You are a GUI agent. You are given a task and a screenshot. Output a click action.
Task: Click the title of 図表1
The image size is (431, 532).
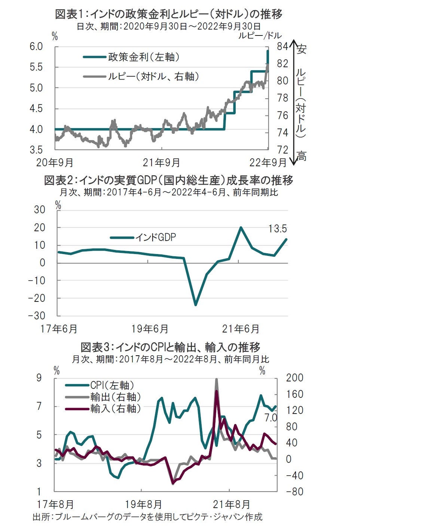168,14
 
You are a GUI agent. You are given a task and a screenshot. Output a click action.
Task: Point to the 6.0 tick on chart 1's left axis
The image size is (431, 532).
36,46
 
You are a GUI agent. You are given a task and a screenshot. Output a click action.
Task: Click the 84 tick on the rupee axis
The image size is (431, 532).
283,46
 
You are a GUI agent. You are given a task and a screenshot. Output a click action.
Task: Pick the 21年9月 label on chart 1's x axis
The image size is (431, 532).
162,163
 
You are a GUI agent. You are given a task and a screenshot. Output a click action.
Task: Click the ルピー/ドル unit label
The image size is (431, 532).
260,35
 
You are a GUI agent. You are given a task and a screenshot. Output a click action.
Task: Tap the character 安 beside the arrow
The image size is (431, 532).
302,49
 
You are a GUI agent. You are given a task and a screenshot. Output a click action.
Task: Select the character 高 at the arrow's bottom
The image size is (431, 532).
302,156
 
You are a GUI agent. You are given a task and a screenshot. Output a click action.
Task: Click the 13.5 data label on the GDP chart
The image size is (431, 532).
278,229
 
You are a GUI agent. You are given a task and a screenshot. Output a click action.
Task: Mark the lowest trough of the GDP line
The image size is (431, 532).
195,305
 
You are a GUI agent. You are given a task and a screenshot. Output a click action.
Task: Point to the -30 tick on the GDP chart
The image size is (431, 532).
37,316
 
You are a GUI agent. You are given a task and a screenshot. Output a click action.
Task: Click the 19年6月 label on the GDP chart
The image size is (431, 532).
150,329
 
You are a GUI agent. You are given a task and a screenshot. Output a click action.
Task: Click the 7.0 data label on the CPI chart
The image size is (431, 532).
271,418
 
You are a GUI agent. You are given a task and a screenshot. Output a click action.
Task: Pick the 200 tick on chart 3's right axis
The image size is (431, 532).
294,378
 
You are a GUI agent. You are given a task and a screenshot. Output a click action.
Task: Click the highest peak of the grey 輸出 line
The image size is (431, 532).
217,380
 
